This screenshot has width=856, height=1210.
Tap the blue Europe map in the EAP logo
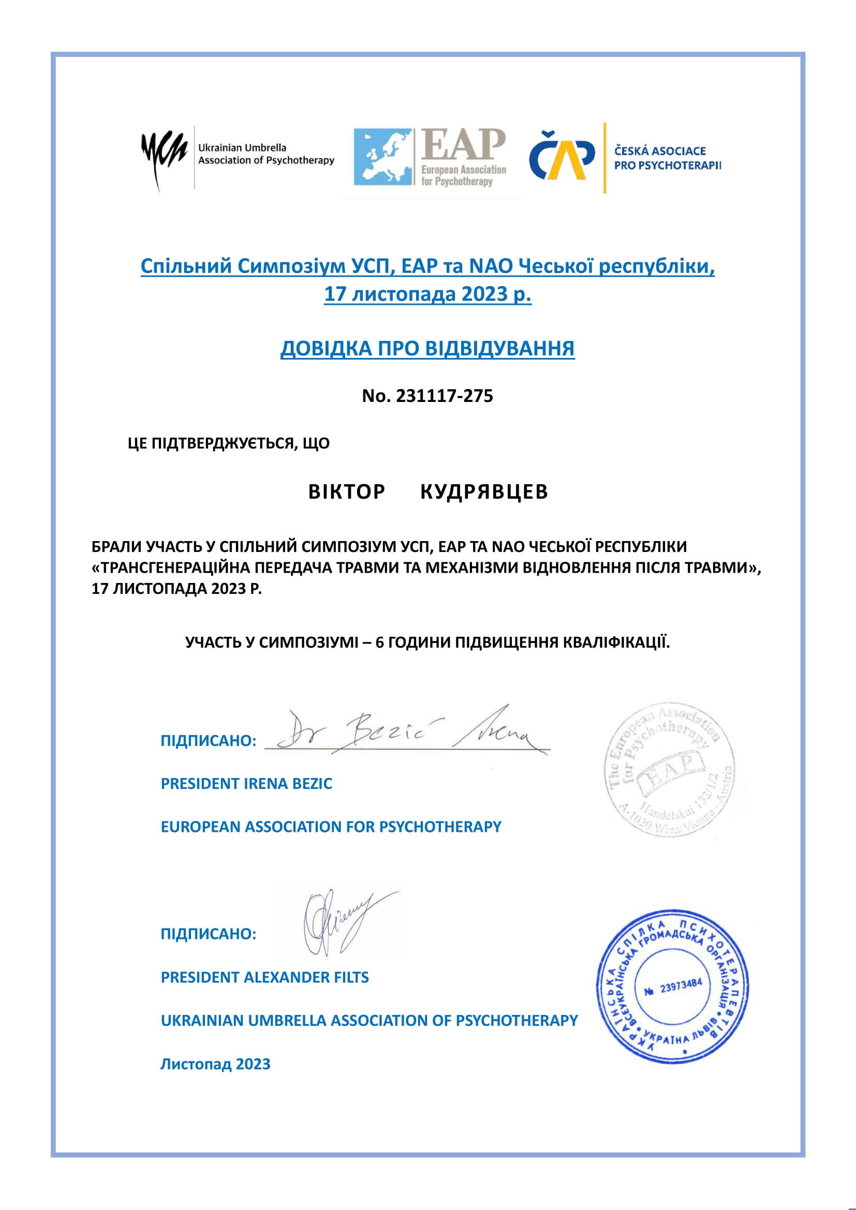382,157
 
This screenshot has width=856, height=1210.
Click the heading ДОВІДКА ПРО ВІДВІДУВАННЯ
427,349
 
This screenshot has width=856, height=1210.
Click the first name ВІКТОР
347,491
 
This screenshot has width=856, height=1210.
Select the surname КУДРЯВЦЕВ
484,491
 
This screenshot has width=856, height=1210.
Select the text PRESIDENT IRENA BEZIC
246,784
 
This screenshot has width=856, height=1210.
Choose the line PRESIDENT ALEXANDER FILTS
264,978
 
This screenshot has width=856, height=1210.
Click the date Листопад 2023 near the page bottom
215,1064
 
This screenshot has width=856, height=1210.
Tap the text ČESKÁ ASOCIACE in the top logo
660,151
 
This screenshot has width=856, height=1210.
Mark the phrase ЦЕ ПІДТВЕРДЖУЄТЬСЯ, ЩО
229,443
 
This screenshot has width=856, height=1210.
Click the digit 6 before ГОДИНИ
379,643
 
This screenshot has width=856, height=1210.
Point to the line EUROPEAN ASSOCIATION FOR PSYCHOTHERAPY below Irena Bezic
331,826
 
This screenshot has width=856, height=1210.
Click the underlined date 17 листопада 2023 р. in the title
427,294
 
